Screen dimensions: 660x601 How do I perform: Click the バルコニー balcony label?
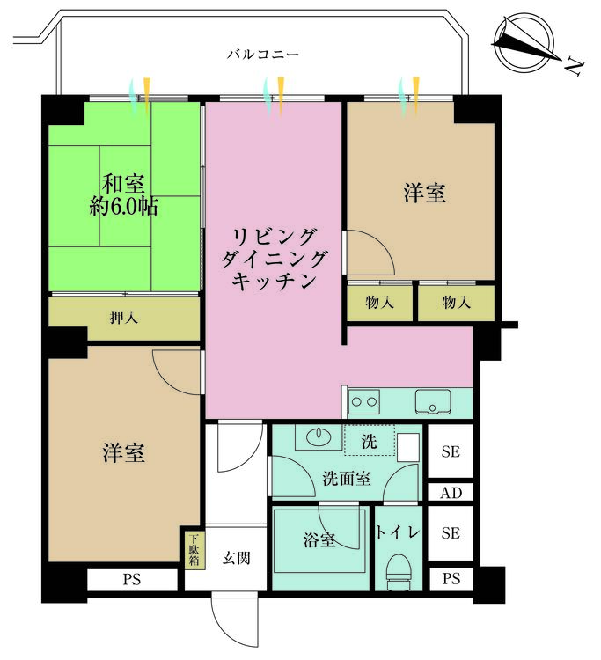point(263,55)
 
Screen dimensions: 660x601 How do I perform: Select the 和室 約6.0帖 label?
point(123,195)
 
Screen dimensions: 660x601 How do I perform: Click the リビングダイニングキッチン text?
point(274,259)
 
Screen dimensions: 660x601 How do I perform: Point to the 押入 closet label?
point(123,317)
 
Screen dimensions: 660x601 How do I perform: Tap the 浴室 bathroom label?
point(320,540)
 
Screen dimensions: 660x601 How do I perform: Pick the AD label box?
point(451,493)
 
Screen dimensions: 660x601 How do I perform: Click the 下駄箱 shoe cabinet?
point(194,549)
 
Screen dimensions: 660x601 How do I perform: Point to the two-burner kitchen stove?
point(365,403)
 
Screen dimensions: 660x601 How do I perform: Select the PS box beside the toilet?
point(451,579)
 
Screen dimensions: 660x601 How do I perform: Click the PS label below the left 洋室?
point(132,580)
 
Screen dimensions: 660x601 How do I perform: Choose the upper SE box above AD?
point(451,453)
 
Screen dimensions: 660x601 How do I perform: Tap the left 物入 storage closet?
point(378,303)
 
